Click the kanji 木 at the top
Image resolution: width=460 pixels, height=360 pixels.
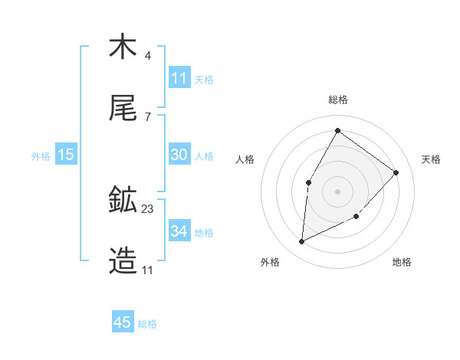[x=123, y=47]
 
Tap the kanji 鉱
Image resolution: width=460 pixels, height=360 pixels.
[x=123, y=200]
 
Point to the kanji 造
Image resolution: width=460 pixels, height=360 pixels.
[x=123, y=261]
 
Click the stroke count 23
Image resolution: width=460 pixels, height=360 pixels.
[x=148, y=208]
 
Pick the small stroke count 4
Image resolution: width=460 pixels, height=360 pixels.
[x=147, y=56]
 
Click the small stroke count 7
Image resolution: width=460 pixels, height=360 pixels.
[x=147, y=117]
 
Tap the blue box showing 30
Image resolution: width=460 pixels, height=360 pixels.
[x=179, y=155]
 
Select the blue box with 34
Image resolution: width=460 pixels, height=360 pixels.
[x=179, y=231]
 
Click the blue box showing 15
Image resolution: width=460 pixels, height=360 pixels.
[x=66, y=155]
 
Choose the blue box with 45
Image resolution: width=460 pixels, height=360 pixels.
[x=123, y=322]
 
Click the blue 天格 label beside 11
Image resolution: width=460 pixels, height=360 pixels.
[x=204, y=79]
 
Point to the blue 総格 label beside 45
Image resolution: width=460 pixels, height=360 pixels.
[x=147, y=324]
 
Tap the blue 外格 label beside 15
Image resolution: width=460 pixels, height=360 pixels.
[x=41, y=155]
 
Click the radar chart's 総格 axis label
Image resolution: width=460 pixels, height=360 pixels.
[x=338, y=100]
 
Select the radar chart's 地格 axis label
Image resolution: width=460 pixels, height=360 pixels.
[x=402, y=262]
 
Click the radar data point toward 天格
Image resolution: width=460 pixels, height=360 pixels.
[x=396, y=172]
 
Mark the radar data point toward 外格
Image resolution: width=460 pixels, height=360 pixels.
[x=302, y=242]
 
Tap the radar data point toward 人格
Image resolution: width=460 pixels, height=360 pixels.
[x=309, y=182]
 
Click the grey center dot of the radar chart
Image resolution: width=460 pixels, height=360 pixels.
[x=337, y=191]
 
